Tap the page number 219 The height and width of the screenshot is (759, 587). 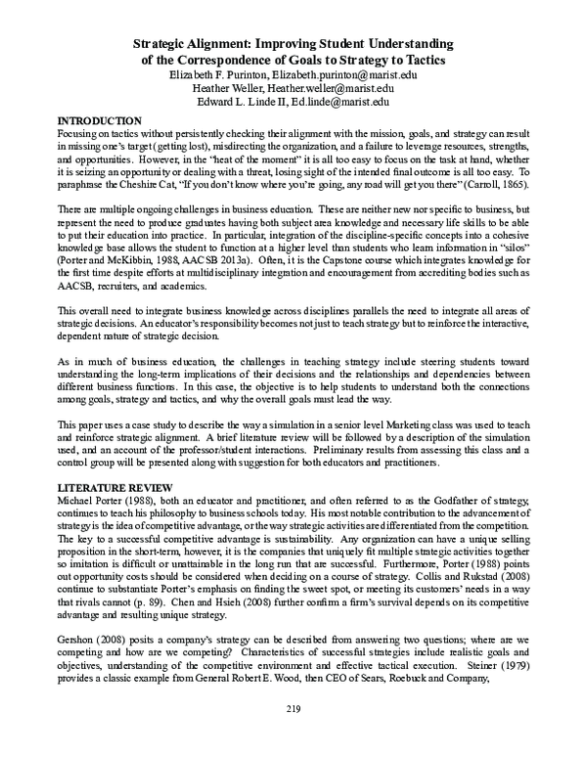(x=293, y=735)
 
